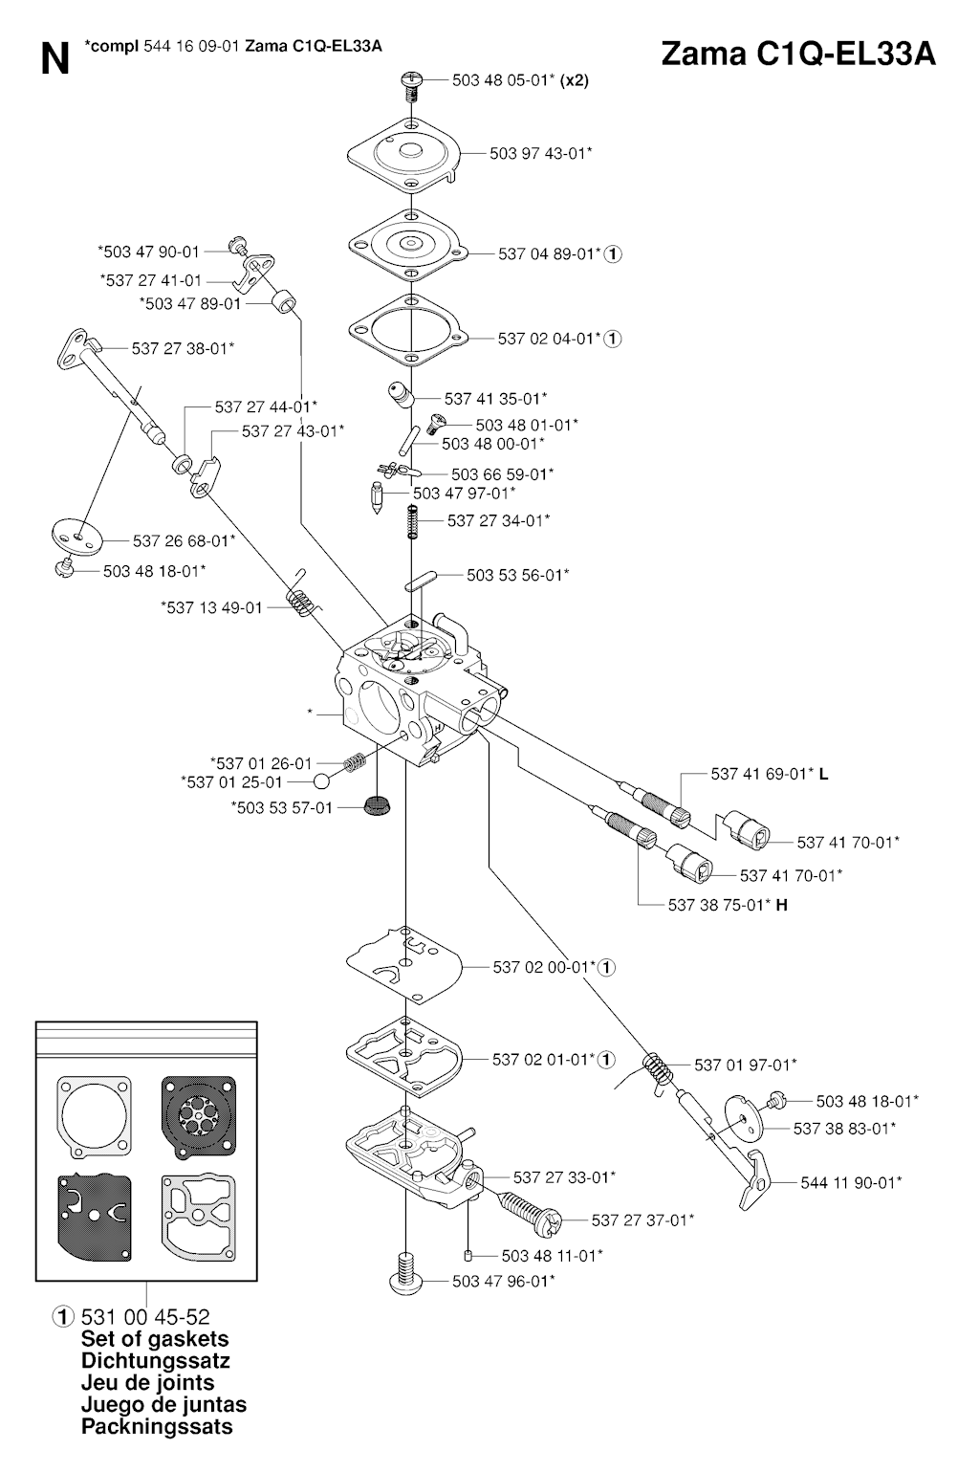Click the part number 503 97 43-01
540,153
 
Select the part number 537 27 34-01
498,520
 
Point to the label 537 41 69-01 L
769,774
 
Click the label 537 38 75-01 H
728,904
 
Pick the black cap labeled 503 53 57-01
379,805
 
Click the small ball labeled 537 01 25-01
323,782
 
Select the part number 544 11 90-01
851,1182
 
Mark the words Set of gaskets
155,1339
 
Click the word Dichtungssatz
155,1361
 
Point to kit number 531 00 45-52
145,1317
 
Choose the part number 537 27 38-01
183,348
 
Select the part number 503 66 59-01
502,473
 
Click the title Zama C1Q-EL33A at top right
798,55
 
